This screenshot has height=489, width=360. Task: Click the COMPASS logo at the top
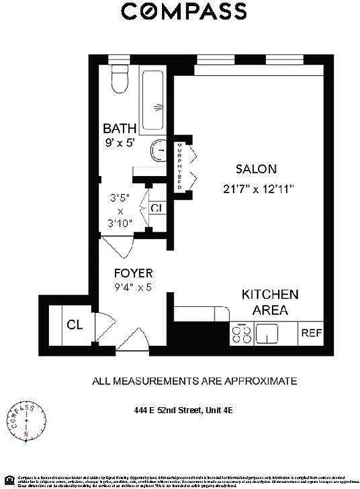[x=184, y=11]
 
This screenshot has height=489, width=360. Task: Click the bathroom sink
[x=160, y=149]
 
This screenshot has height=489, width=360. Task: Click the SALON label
[x=257, y=169]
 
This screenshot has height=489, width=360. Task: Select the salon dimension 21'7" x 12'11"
[x=259, y=189]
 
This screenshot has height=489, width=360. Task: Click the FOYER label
[x=133, y=273]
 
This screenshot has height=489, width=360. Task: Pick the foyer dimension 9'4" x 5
[x=133, y=286]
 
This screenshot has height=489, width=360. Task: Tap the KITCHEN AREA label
[x=270, y=302]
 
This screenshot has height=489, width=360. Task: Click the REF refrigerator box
[x=310, y=333]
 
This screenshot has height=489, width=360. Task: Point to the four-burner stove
[x=241, y=333]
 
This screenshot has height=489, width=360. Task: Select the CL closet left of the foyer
[x=75, y=324]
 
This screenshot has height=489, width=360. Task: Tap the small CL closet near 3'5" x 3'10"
[x=156, y=208]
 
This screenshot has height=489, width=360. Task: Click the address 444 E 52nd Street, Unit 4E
[x=183, y=411]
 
